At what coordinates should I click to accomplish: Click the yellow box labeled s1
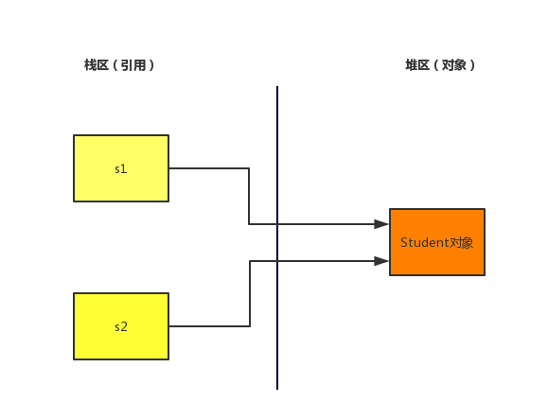(x=121, y=168)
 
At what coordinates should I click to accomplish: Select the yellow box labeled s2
(x=121, y=326)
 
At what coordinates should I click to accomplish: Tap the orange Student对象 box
(x=437, y=242)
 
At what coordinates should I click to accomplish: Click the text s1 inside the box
(x=121, y=169)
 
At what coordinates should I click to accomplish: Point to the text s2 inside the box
(x=121, y=327)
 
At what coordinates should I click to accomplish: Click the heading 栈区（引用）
(x=119, y=65)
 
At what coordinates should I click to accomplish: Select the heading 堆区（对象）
(x=440, y=65)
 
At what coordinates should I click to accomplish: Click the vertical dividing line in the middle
(x=277, y=237)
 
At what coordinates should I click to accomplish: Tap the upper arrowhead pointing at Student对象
(x=381, y=224)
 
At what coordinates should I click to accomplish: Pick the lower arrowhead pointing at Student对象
(x=381, y=261)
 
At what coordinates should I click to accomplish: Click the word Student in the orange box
(x=425, y=242)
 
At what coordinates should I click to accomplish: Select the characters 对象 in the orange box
(x=461, y=242)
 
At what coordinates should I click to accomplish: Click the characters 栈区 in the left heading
(x=97, y=65)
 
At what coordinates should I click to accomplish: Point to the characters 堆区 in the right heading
(x=417, y=65)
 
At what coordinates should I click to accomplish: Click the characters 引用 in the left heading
(x=133, y=65)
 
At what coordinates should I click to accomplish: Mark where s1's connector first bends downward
(x=249, y=168)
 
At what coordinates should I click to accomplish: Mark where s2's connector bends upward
(x=250, y=326)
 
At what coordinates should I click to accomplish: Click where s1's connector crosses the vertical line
(x=277, y=224)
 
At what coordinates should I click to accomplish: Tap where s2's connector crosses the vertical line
(x=277, y=261)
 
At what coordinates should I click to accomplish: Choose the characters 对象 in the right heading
(x=454, y=65)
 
